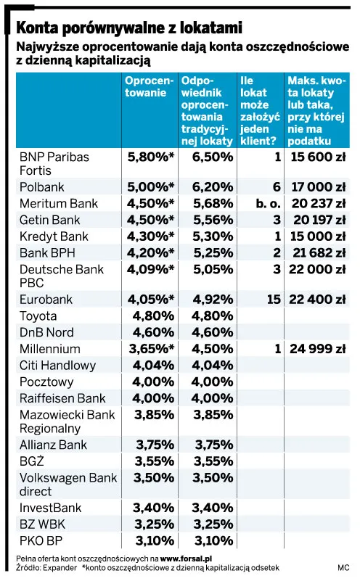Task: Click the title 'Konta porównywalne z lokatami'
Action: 129,28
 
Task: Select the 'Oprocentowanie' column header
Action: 149,87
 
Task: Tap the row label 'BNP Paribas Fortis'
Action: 54,163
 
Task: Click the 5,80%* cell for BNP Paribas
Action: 150,157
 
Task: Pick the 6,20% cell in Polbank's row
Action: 213,187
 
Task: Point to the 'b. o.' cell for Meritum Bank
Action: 268,203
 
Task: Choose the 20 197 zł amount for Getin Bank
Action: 319,220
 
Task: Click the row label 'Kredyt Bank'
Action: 54,236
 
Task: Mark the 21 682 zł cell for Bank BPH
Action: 319,253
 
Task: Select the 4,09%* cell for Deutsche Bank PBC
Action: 150,269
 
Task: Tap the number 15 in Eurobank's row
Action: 274,300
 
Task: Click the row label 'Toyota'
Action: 38,316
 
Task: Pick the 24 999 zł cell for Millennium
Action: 318,349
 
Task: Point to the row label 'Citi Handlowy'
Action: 57,366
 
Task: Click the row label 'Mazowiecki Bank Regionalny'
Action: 67,421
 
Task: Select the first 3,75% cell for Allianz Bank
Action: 155,445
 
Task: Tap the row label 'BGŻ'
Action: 31,461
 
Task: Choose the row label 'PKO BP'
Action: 41,541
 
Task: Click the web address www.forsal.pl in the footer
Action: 186,559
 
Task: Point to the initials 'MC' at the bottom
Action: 343,568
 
